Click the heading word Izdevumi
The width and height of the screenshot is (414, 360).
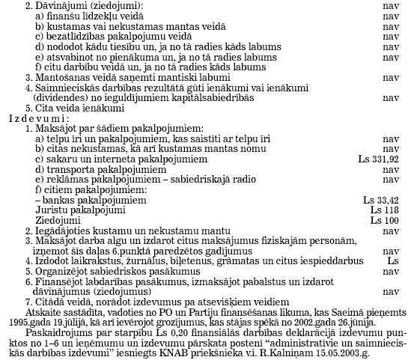32,118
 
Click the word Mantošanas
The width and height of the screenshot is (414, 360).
57,77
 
